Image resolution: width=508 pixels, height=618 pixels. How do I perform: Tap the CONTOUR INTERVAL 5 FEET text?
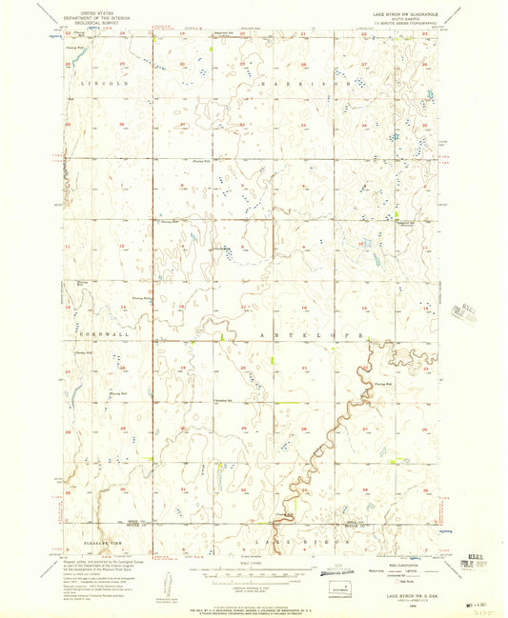tap(254, 584)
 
